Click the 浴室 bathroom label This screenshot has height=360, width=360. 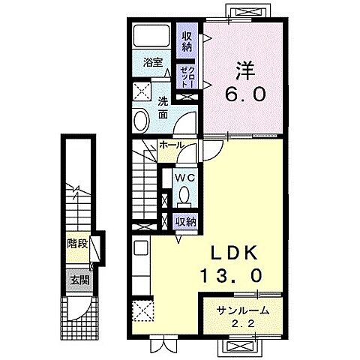[153, 62]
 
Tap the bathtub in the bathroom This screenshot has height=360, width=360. [151, 35]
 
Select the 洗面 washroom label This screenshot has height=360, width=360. [163, 108]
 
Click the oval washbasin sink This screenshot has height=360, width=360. [142, 120]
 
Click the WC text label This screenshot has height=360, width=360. [184, 178]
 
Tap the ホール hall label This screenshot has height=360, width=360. [172, 145]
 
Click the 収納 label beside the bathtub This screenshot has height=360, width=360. [187, 42]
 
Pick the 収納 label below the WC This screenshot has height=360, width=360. [185, 221]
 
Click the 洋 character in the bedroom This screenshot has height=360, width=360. [245, 70]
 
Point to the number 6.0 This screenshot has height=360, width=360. [245, 94]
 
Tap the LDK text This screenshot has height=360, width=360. [234, 253]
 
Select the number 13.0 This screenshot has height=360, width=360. [232, 275]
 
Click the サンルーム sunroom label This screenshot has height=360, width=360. [243, 311]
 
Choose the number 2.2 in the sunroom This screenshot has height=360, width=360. [243, 324]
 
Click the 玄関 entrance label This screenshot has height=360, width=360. [79, 280]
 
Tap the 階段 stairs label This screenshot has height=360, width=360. [77, 244]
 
